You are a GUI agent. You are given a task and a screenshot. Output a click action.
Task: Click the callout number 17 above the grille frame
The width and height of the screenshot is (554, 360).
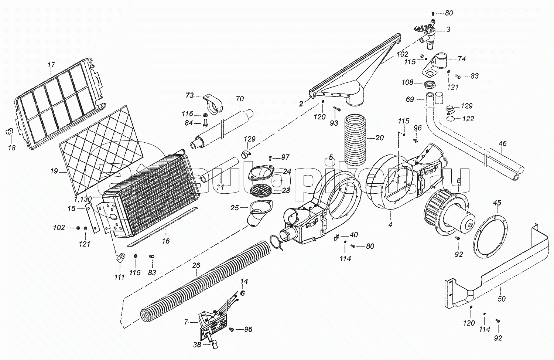[51, 65]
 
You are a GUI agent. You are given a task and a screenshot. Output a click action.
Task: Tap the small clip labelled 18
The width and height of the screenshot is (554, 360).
[8, 132]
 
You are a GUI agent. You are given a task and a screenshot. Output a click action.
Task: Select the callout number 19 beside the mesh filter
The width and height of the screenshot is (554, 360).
[54, 171]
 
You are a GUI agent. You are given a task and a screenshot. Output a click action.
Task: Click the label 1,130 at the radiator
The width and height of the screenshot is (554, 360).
[83, 199]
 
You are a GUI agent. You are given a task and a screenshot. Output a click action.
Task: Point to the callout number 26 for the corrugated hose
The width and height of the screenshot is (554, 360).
[196, 265]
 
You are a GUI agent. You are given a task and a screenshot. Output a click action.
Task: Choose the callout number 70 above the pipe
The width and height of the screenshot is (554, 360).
[240, 99]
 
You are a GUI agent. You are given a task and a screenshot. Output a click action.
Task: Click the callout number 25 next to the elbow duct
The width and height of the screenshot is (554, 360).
[235, 208]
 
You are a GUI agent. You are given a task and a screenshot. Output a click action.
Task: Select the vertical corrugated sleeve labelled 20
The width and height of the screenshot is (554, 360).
[355, 140]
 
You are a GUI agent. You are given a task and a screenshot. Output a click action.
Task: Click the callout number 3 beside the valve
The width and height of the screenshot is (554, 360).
[448, 30]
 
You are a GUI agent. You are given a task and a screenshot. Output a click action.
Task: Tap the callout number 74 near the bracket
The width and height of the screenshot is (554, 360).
[462, 59]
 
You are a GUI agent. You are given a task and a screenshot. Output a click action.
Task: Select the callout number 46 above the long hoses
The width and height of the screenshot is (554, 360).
[503, 143]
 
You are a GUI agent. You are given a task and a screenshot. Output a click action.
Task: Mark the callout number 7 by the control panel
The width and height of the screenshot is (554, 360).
[186, 322]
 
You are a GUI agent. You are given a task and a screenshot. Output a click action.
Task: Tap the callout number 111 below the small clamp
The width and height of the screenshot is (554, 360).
[119, 277]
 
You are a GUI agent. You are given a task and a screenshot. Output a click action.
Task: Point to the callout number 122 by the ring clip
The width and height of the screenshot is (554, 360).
[468, 119]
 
